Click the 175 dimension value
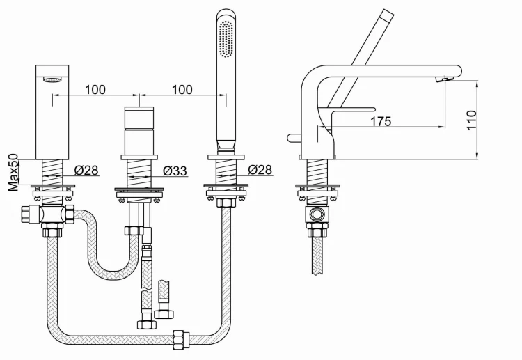click(x=381, y=121)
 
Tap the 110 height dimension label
click(x=471, y=120)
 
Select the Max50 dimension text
click(x=14, y=173)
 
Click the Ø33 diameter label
click(x=175, y=171)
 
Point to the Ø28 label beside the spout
click(x=86, y=170)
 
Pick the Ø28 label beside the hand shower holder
click(x=260, y=170)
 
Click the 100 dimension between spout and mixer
click(x=95, y=90)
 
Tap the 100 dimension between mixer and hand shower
click(x=182, y=90)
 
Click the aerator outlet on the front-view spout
click(x=53, y=79)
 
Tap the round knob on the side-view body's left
click(x=294, y=138)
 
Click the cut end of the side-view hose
click(x=317, y=273)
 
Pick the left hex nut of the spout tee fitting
click(x=26, y=215)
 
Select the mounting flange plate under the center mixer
click(x=139, y=190)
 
